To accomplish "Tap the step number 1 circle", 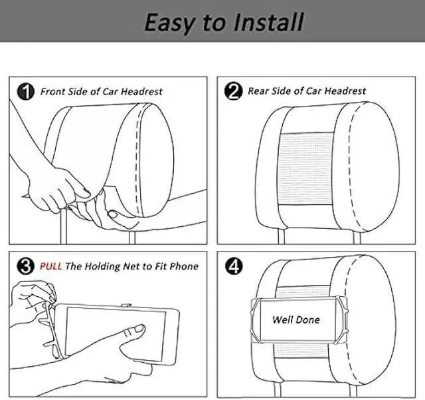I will click(x=25, y=92).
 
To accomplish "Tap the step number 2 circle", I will click(x=232, y=92).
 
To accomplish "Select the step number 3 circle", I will click(x=25, y=267).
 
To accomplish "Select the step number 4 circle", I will click(x=234, y=267).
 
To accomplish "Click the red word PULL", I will click(x=51, y=266).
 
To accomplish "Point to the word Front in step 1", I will click(x=53, y=91).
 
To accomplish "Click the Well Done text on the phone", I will click(x=296, y=319).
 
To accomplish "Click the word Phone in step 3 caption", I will click(x=183, y=266).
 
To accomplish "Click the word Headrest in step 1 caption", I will click(x=140, y=91).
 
